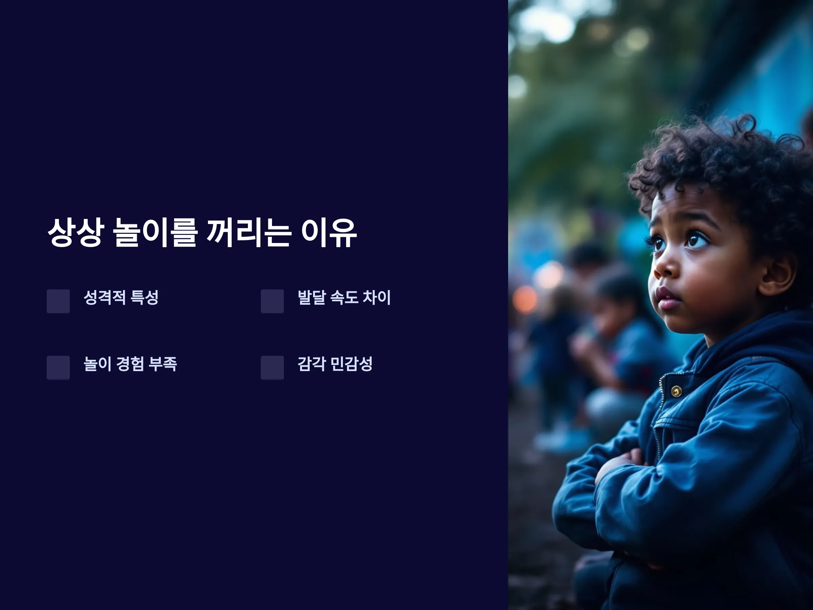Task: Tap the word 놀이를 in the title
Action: click(x=155, y=232)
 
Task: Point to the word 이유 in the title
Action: click(x=329, y=232)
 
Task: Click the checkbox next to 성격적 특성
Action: click(x=58, y=301)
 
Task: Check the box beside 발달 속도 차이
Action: click(x=272, y=301)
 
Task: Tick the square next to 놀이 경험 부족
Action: click(x=58, y=368)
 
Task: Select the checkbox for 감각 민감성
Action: click(x=272, y=368)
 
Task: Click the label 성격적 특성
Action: click(x=121, y=298)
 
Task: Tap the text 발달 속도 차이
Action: click(x=345, y=298)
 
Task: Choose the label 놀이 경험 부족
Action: click(x=130, y=364)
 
